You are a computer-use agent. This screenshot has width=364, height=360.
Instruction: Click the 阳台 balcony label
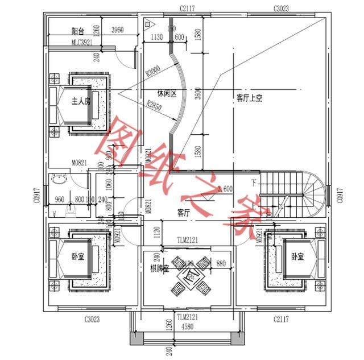tap(79, 30)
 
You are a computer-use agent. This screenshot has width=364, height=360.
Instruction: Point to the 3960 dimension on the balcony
tap(118, 30)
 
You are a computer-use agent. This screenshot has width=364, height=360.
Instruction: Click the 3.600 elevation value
tap(225, 189)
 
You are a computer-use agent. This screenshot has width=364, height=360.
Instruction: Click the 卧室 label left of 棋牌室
tap(78, 257)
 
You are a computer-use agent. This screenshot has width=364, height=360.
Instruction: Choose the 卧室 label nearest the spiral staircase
tap(296, 257)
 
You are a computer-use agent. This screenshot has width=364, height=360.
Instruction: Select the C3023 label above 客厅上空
tap(280, 8)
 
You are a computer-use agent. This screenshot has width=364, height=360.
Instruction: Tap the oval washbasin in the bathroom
tap(59, 181)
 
